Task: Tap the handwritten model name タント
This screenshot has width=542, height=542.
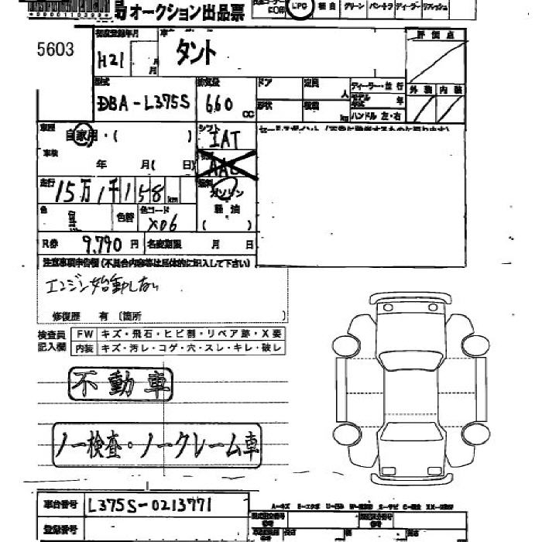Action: pyautogui.click(x=197, y=53)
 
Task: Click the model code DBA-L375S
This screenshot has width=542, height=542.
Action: pyautogui.click(x=134, y=102)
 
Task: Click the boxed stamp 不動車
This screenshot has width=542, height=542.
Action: pyautogui.click(x=121, y=383)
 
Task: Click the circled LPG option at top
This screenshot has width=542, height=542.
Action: pyautogui.click(x=299, y=7)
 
